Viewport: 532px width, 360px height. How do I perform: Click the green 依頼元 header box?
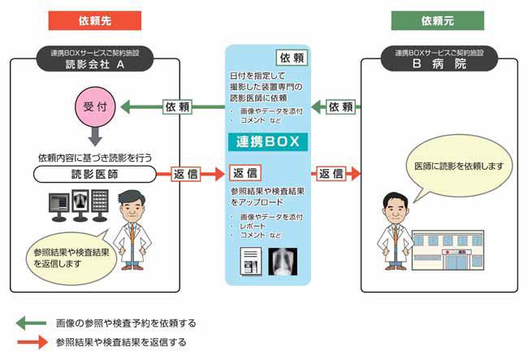[432, 20]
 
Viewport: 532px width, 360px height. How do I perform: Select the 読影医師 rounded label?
[96, 174]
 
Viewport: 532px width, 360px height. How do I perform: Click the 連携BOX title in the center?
[267, 142]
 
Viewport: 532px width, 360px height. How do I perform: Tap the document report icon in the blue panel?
[251, 261]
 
